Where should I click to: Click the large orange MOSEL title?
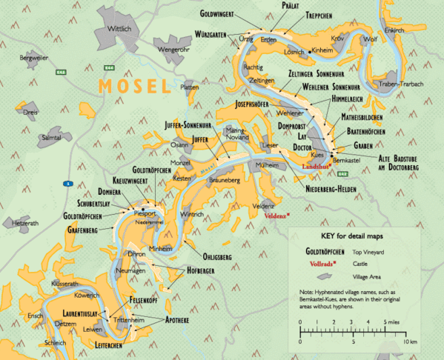pyautogui.click(x=135, y=86)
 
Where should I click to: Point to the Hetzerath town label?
pyautogui.click(x=23, y=223)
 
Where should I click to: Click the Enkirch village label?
pyautogui.click(x=395, y=30)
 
